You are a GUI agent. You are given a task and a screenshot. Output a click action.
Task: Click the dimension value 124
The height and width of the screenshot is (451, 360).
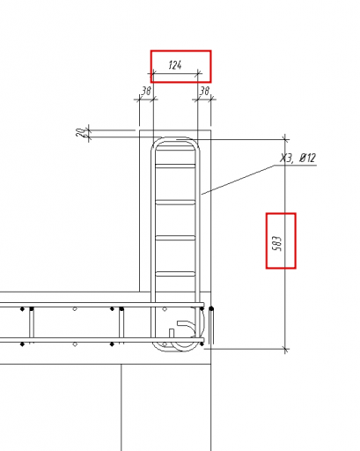[x=175, y=65]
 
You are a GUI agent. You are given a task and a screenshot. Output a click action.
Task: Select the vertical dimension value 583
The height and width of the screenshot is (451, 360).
[x=277, y=244]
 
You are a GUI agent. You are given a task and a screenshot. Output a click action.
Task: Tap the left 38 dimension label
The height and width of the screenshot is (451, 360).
[x=146, y=91]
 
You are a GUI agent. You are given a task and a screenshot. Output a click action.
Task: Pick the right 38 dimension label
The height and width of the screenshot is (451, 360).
[x=204, y=91]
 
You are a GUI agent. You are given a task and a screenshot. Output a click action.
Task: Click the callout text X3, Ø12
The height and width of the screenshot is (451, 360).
[x=298, y=159]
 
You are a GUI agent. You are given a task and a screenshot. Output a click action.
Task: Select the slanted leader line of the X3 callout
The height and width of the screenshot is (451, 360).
[x=238, y=180]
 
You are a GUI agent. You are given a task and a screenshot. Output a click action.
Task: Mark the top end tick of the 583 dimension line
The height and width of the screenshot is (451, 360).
[x=285, y=139]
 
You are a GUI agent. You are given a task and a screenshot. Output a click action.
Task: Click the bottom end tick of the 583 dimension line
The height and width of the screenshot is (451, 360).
[x=285, y=349]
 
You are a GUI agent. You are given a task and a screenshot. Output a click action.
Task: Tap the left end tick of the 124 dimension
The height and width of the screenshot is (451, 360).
[x=153, y=73]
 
